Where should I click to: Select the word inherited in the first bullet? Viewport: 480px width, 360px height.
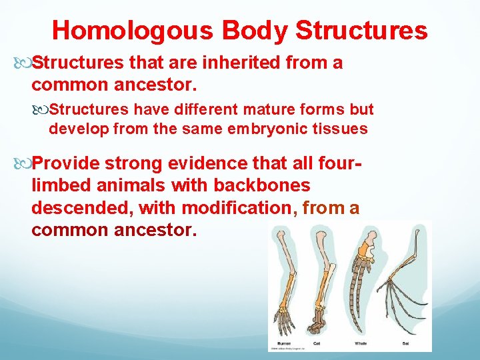(x=242, y=63)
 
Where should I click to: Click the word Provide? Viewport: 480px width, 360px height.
(x=66, y=163)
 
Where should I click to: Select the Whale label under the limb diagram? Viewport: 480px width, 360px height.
(x=360, y=343)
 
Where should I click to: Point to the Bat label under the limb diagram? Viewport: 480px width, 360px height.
(x=405, y=343)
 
